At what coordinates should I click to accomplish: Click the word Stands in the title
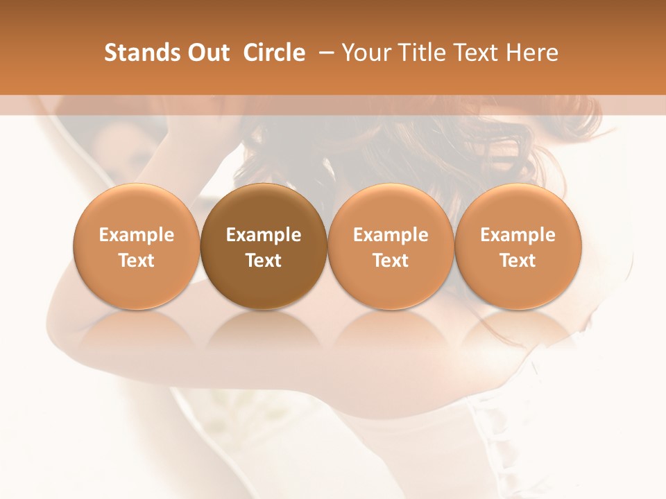point(141,53)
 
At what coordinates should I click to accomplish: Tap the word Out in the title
point(206,53)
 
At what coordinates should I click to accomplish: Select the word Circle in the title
point(273,53)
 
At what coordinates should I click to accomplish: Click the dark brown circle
point(264,246)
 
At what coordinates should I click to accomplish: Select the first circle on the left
point(137,246)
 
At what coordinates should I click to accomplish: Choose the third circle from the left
point(391,246)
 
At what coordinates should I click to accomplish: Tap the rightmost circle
point(518,246)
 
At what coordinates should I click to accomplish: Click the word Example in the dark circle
point(264,235)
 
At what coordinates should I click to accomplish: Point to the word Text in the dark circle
point(264,261)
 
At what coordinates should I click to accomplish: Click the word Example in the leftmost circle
point(137,235)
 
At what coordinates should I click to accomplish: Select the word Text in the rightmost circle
point(518,261)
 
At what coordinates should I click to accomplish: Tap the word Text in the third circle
point(391,261)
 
